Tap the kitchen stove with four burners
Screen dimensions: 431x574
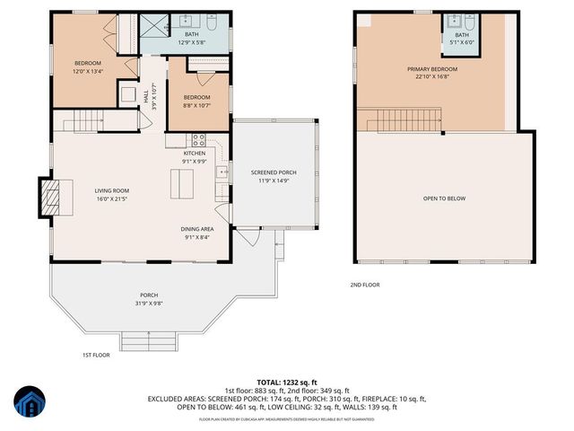tap(198, 139)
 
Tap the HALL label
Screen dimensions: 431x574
tap(146, 95)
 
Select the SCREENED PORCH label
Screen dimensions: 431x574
tap(274, 172)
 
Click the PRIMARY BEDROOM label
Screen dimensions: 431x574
tap(432, 69)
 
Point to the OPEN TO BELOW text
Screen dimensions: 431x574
tap(445, 198)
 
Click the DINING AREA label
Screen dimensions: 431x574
tap(198, 229)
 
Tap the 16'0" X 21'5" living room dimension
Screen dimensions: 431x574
tap(113, 198)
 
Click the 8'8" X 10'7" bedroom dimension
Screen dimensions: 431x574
tap(196, 105)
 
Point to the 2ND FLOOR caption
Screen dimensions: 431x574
tap(365, 285)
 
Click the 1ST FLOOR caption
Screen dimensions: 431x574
tap(95, 355)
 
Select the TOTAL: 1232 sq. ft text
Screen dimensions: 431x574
tap(288, 383)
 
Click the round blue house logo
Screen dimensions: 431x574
tap(29, 405)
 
